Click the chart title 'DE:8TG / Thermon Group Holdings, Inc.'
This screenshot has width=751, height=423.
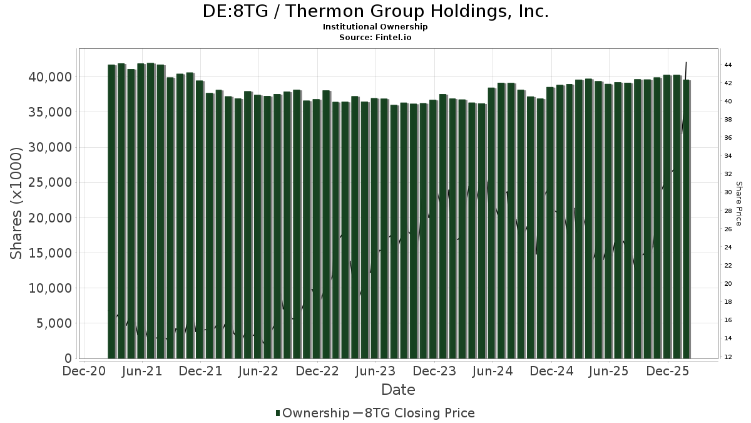click(375, 11)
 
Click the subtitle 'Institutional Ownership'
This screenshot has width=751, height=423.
click(375, 27)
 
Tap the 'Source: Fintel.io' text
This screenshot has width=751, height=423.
click(375, 37)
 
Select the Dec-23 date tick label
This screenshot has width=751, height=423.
click(434, 371)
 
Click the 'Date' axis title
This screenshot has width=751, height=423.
click(399, 390)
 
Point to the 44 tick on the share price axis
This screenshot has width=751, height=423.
click(728, 65)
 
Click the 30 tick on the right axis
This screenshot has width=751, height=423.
click(728, 192)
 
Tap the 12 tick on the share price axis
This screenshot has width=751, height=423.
click(728, 357)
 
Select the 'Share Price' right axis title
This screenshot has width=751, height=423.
click(738, 204)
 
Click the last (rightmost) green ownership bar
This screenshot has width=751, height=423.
click(687, 219)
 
